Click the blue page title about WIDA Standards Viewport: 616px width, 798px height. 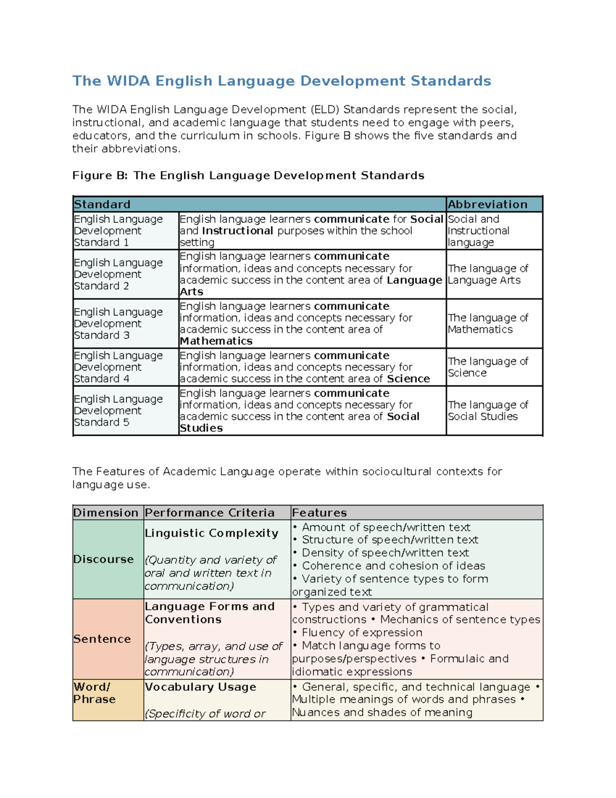click(x=281, y=81)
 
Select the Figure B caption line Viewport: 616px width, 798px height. click(x=248, y=176)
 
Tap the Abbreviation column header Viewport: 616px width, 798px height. click(x=487, y=205)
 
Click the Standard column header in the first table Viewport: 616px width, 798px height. click(x=102, y=205)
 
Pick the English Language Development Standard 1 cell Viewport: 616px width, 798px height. click(x=119, y=231)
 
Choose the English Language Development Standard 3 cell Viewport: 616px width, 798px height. click(x=119, y=323)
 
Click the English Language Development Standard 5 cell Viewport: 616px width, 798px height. click(x=119, y=411)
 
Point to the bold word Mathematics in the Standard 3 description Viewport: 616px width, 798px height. click(x=216, y=341)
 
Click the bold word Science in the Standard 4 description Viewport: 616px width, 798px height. click(x=408, y=379)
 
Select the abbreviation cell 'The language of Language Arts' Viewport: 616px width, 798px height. click(x=488, y=274)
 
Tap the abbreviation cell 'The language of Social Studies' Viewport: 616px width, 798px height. click(x=488, y=411)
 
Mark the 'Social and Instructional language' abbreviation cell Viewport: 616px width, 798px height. click(x=478, y=231)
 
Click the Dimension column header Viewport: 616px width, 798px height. click(x=106, y=513)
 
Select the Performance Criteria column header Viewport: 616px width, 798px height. click(x=209, y=513)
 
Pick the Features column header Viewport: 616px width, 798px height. click(x=319, y=513)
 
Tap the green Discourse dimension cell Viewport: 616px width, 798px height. click(x=104, y=559)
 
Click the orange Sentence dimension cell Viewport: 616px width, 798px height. click(x=102, y=639)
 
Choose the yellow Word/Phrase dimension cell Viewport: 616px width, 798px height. click(x=94, y=693)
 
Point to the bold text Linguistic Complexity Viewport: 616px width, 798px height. click(x=211, y=533)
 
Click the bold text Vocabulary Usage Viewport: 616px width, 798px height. click(x=200, y=687)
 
